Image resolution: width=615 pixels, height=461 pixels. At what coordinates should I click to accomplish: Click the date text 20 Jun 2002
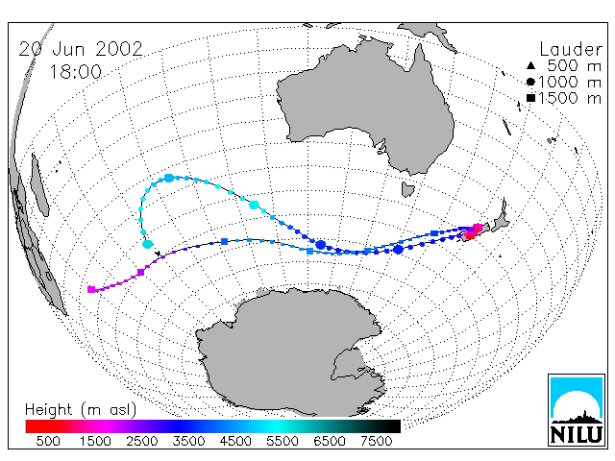click(81, 49)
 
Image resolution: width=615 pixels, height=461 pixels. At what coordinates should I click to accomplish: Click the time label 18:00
click(76, 72)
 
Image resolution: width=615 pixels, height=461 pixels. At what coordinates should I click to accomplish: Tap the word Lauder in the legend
click(571, 49)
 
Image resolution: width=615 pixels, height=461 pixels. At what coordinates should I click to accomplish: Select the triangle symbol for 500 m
click(530, 66)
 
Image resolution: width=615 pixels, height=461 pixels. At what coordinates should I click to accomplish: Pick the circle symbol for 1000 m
click(530, 82)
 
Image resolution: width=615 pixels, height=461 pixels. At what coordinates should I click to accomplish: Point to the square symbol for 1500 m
click(530, 98)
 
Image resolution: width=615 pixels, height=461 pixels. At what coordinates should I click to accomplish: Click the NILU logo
click(577, 410)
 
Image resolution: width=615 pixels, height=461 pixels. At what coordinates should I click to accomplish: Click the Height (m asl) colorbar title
click(81, 410)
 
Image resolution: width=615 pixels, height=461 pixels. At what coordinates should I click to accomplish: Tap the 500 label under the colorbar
click(48, 441)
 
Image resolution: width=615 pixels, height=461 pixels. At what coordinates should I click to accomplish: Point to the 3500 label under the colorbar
click(188, 441)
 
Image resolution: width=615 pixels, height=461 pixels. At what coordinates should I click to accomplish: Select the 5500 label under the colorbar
click(283, 441)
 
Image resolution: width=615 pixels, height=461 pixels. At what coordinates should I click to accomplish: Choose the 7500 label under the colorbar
click(376, 441)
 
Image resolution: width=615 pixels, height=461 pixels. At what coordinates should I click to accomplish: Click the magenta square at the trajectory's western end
click(91, 290)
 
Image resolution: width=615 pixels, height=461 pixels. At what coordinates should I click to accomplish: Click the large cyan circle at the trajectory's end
click(147, 244)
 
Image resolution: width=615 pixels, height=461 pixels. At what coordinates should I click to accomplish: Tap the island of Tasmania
click(407, 189)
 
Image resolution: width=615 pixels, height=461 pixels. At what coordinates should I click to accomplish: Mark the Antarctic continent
click(290, 352)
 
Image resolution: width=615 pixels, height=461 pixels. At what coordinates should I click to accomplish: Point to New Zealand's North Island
click(501, 218)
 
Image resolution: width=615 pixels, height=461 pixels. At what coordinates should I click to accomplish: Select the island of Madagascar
click(39, 185)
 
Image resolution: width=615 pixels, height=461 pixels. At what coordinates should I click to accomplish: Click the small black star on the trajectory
click(158, 254)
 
